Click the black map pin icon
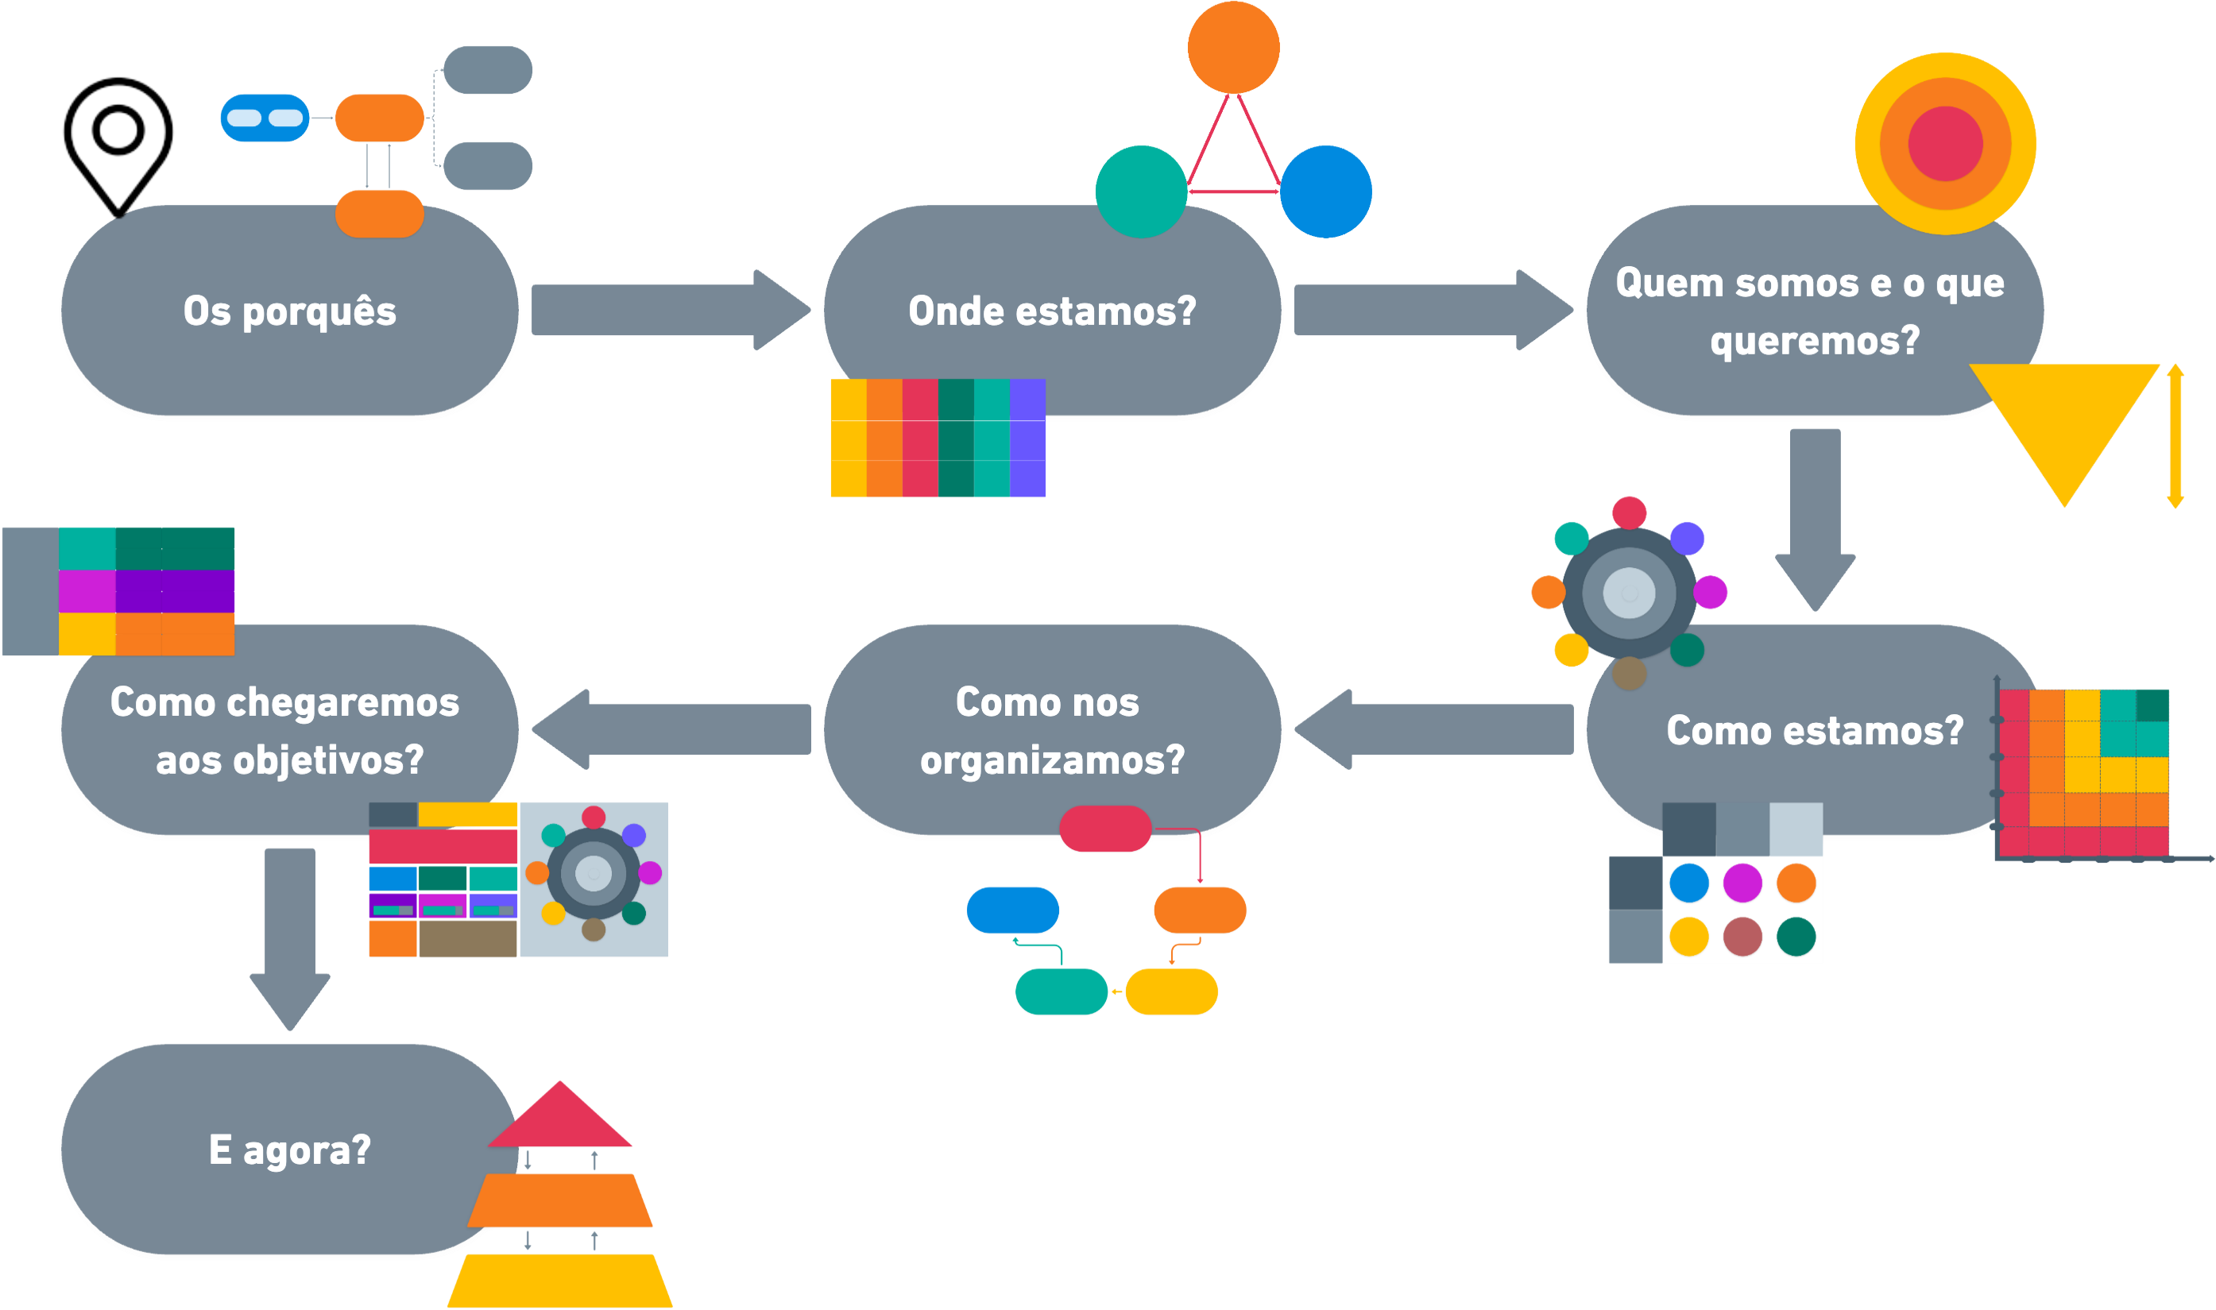[x=118, y=141]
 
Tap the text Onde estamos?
[x=1051, y=311]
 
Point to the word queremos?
[x=1814, y=341]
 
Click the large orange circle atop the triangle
[x=1233, y=47]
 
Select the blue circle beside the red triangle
[x=1325, y=191]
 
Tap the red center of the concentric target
[x=1945, y=144]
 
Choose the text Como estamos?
[x=1814, y=731]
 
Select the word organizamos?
[x=1051, y=760]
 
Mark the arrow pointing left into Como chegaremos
[x=671, y=729]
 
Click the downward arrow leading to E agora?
[x=289, y=936]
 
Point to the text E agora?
[x=289, y=1150]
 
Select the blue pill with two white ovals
[x=264, y=118]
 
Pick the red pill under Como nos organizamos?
[x=1105, y=829]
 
